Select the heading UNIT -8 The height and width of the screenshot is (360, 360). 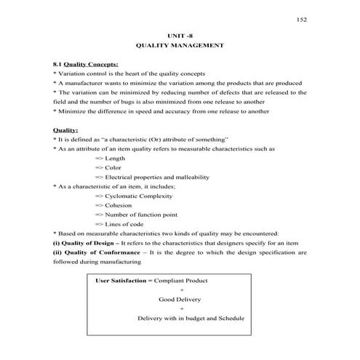click(x=180, y=35)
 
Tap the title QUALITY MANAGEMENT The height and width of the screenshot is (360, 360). click(x=180, y=46)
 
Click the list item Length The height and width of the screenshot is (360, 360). click(x=115, y=158)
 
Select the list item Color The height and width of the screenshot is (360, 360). click(x=113, y=167)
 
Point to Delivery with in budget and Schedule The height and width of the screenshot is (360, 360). click(x=190, y=319)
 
